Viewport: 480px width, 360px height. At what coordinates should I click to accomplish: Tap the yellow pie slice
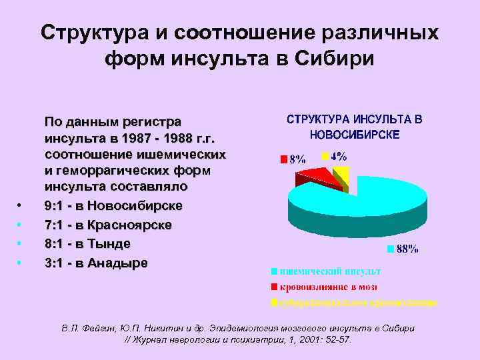pyautogui.click(x=341, y=175)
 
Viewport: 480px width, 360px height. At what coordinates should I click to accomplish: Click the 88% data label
pyautogui.click(x=407, y=249)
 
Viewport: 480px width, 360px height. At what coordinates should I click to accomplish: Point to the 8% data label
pyautogui.click(x=296, y=159)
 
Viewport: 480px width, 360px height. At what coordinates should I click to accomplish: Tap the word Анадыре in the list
pyautogui.click(x=115, y=263)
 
